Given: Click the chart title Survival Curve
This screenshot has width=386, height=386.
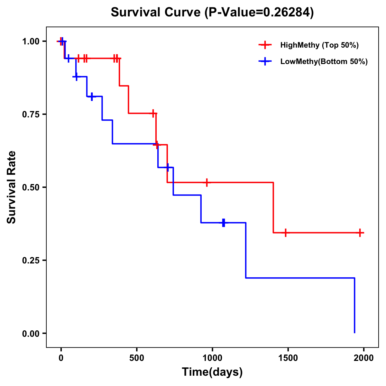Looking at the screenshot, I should tap(212, 12).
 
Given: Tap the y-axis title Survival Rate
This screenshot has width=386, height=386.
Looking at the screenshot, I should tap(12, 187).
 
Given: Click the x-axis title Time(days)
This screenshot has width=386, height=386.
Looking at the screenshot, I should tap(212, 372).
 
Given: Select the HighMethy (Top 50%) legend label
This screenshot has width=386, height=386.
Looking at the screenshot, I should tap(319, 45).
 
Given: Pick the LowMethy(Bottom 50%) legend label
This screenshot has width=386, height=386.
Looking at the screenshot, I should tap(324, 61).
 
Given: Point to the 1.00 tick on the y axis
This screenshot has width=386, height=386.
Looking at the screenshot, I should tap(31, 41).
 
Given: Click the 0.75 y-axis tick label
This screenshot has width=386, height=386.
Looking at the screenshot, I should tap(31, 115).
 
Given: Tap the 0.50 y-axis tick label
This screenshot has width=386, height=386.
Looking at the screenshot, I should tap(31, 188).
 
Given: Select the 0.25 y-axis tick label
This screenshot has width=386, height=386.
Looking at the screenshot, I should tap(31, 261).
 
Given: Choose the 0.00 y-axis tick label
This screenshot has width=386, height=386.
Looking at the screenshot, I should tap(31, 334).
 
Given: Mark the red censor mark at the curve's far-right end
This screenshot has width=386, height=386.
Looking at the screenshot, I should tap(360, 233).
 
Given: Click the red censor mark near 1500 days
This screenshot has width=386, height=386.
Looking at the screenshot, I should tap(285, 233).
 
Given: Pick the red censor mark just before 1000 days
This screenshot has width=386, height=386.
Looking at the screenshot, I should tap(207, 182).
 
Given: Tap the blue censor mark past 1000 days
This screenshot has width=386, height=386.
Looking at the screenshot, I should tap(223, 223).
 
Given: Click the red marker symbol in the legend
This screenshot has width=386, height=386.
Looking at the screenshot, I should tap(265, 45).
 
